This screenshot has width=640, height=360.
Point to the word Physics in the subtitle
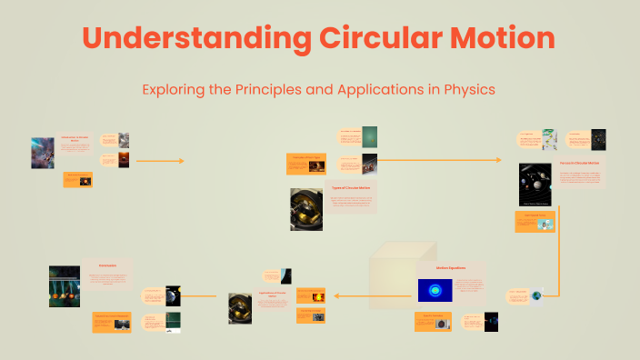coord(467,91)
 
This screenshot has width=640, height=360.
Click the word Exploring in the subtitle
coord(174,91)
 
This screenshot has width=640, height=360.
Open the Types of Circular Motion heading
coord(350,187)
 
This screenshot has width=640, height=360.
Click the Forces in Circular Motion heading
coord(580,163)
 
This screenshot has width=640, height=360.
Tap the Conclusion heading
coord(107,265)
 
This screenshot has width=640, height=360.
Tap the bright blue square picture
coord(435,290)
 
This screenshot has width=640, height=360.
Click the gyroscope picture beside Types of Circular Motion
coord(305,208)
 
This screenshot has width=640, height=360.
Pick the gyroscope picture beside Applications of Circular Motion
coord(241,308)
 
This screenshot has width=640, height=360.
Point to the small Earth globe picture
coord(536,295)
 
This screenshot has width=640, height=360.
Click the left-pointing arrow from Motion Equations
coord(350,295)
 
